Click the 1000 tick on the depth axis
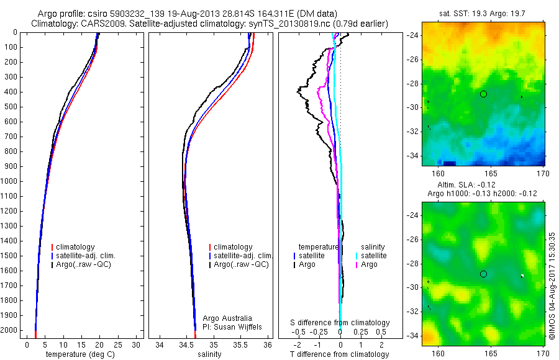tap(11, 181)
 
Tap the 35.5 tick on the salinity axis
tap(241, 344)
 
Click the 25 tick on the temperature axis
tap(118, 344)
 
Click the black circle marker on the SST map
tap(483, 94)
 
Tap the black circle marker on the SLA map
tap(483, 274)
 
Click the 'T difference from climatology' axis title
tap(339, 354)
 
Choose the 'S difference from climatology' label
tap(340, 323)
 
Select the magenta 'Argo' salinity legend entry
tap(369, 264)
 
